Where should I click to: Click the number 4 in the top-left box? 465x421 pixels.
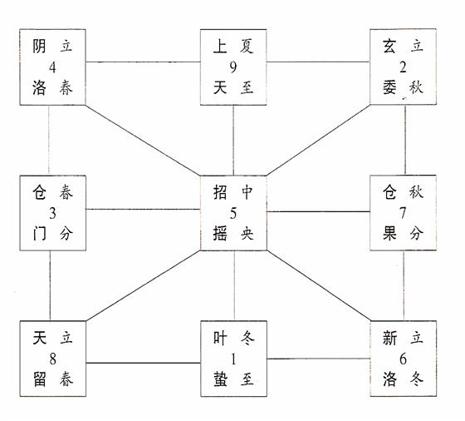pos(52,67)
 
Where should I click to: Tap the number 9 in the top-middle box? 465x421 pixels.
pos(233,67)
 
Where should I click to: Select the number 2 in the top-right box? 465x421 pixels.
pos(403,67)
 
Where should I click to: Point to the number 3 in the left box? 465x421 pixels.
pos(52,213)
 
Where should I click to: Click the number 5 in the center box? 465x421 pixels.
pos(233,213)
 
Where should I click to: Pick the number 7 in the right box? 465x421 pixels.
pos(403,213)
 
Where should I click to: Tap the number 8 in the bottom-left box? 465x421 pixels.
pos(52,359)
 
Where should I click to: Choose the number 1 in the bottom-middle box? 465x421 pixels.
pos(233,359)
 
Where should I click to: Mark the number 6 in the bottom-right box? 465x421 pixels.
pos(403,359)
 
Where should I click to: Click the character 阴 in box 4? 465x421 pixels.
pos(40,47)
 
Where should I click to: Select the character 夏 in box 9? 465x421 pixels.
pos(247,47)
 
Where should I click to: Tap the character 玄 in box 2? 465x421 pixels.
pos(389,47)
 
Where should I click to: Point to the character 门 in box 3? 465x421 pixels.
pos(40,234)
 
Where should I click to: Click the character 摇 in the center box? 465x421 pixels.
pos(220,234)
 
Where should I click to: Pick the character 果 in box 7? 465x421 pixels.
pos(389,233)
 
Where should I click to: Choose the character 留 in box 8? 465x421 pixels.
pos(40,379)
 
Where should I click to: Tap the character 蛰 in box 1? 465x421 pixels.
pos(220,379)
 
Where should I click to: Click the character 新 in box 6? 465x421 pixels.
pos(389,338)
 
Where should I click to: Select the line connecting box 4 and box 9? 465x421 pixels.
pos(143,62)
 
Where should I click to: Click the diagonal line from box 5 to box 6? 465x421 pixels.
pos(319,286)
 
